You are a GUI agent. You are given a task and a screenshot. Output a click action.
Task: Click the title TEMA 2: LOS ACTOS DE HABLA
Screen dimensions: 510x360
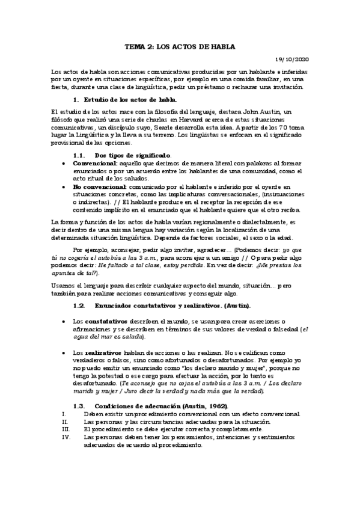[x=180, y=46]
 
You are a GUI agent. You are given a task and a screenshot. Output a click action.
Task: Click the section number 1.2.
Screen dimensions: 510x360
[x=79, y=306]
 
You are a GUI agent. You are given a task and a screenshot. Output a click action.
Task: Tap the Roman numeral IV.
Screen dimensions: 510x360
[x=66, y=438]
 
